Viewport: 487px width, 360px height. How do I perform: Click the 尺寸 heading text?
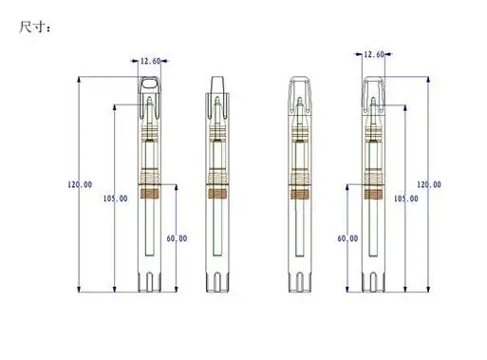31,27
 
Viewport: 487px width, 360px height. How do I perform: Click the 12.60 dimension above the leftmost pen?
150,61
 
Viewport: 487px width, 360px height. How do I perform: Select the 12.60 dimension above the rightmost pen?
374,54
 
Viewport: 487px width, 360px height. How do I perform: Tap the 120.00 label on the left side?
80,184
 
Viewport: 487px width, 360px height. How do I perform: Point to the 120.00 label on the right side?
429,184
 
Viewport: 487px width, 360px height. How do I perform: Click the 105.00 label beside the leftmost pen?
116,199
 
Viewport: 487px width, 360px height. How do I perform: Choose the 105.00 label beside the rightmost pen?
406,199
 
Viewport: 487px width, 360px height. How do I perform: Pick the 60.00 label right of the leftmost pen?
177,238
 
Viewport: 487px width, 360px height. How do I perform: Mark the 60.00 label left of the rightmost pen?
347,238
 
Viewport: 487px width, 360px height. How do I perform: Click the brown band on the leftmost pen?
149,194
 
